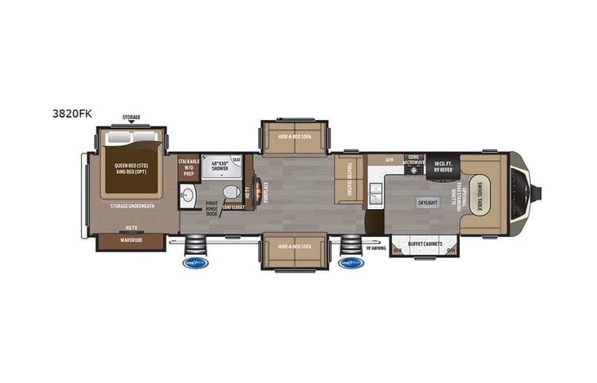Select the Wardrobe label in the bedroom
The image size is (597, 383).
coord(129,240)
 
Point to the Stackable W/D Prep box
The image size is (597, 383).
coord(189,167)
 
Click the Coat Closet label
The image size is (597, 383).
coord(233,208)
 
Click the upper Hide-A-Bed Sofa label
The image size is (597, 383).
coord(293,137)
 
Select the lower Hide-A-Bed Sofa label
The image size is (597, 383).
coord(293,246)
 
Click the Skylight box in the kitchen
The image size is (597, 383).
coord(426,202)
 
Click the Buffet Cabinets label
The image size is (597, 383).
coord(425,243)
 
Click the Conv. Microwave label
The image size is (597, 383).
coord(415,162)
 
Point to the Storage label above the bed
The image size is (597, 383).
coord(131,117)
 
